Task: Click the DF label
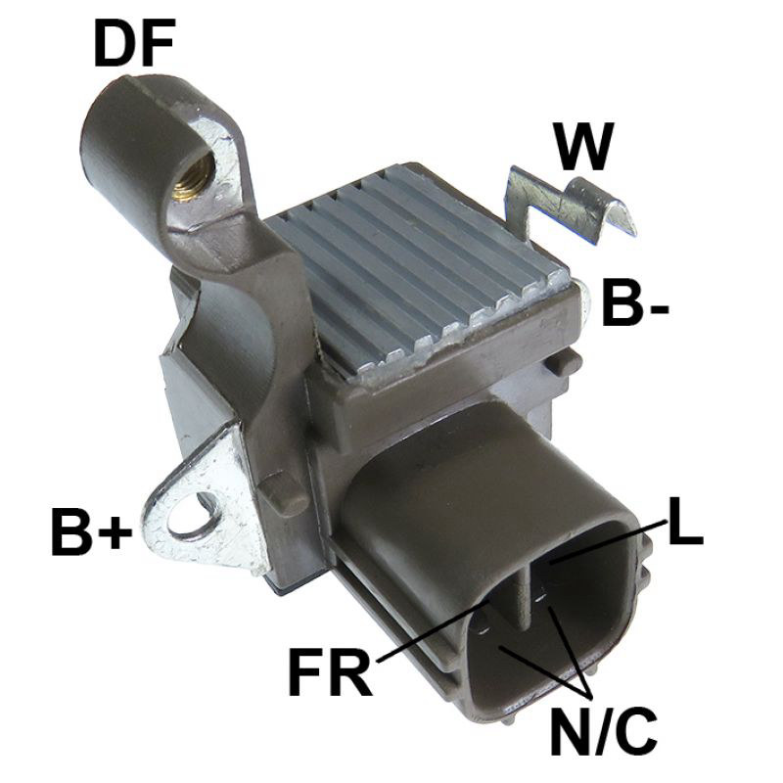coord(134,44)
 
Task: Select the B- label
coord(634,303)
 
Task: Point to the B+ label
coord(91,531)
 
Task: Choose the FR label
coord(330,673)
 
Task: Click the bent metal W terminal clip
coord(570,205)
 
